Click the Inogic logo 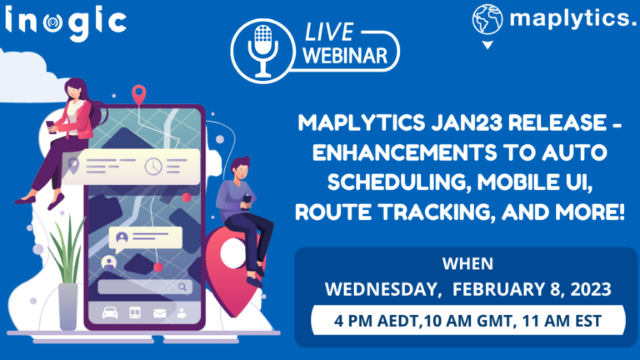pos(66,20)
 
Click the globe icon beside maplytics pos(487,19)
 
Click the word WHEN pos(467,263)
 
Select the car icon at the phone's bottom pos(109,313)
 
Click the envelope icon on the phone pos(159,313)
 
